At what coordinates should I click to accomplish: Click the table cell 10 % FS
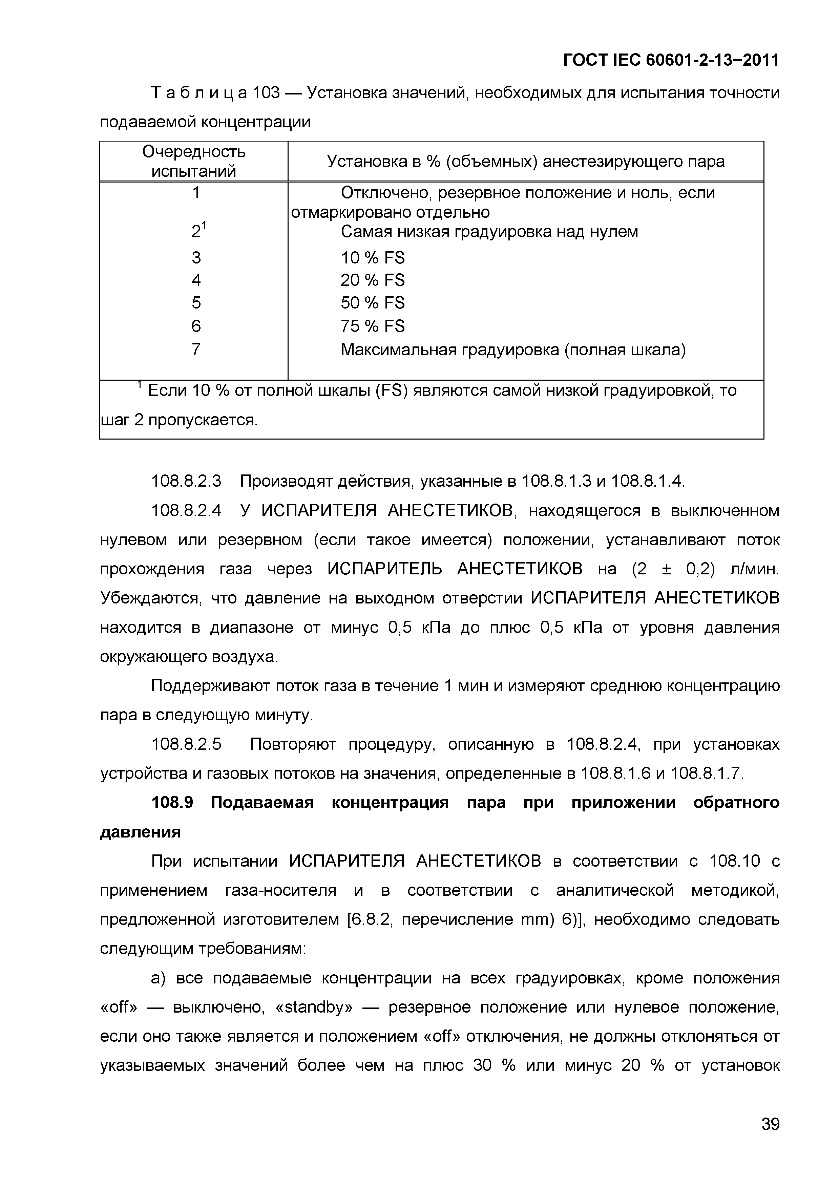click(372, 258)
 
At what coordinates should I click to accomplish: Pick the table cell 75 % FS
click(372, 326)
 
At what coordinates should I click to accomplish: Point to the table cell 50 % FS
click(372, 303)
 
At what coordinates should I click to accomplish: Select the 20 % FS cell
click(372, 280)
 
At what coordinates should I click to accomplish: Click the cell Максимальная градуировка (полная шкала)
click(512, 350)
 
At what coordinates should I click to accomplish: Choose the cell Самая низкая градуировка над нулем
click(489, 232)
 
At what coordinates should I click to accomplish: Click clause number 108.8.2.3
click(186, 482)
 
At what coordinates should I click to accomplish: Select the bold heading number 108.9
click(172, 803)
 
